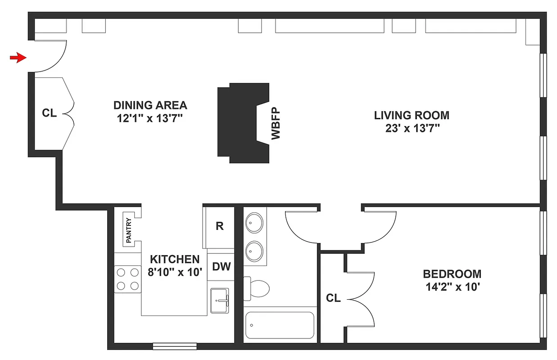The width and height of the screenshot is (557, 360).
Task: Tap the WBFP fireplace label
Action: (276, 123)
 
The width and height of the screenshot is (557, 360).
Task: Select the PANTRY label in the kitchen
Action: (129, 230)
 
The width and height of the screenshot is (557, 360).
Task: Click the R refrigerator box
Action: (219, 226)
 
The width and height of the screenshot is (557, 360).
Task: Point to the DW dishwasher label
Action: (221, 267)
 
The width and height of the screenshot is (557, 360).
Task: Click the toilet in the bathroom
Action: (257, 288)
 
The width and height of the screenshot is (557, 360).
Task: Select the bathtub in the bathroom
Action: (279, 325)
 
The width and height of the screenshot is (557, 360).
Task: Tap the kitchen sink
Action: (220, 300)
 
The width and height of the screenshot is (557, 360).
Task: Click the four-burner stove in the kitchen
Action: (127, 279)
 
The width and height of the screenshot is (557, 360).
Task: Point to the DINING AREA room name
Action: (150, 105)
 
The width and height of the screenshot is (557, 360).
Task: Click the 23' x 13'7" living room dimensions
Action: (412, 128)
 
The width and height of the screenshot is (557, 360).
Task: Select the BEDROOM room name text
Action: (452, 274)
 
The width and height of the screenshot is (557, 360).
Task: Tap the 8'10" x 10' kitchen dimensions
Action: (174, 272)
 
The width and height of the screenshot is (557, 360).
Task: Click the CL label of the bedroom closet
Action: (333, 298)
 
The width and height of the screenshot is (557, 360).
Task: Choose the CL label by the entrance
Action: (50, 113)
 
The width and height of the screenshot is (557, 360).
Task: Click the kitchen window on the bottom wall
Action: (175, 346)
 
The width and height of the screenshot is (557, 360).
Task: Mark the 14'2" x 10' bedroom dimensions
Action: (452, 287)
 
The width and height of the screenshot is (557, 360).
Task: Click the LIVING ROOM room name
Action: (412, 115)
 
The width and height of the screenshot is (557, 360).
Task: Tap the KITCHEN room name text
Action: (174, 259)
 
